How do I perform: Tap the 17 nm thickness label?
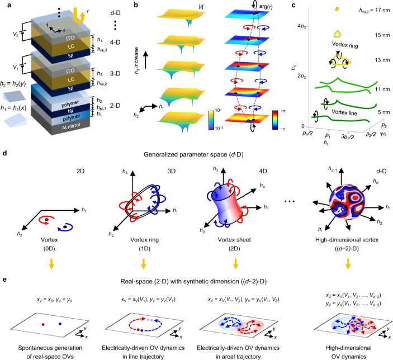point(376,10)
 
